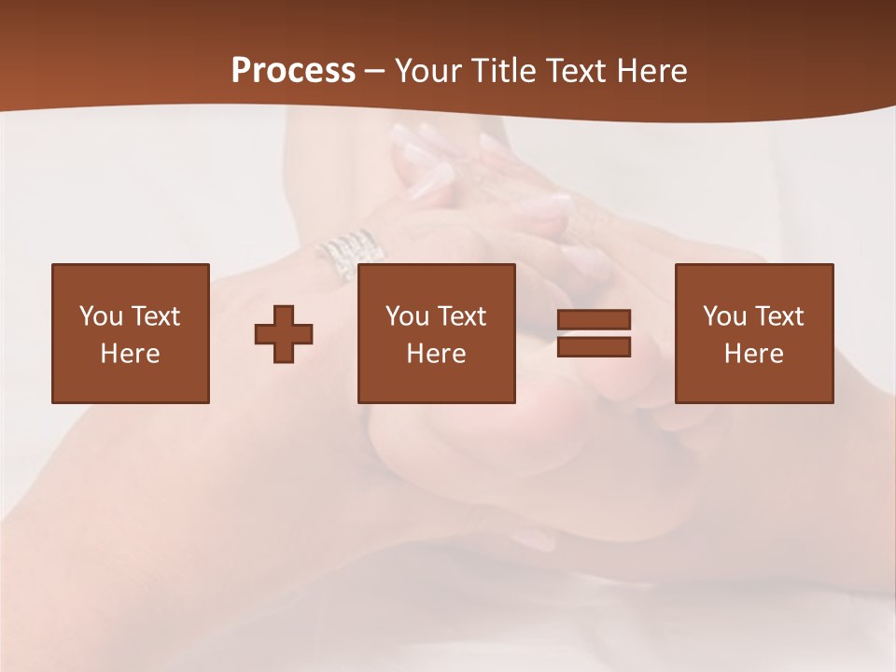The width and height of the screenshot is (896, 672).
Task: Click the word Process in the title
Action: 293,71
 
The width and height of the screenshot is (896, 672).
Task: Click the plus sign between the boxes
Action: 284,334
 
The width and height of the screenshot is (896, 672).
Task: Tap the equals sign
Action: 594,333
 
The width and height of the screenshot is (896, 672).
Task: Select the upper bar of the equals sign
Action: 594,319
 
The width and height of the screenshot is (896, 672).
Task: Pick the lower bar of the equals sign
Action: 594,347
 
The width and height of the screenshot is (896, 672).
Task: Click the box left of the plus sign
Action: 131,333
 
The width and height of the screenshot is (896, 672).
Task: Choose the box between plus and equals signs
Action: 436,333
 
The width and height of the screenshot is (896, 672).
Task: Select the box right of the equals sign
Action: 753,333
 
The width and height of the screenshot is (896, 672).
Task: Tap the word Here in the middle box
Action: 436,354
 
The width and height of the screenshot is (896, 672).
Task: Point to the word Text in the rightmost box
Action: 779,315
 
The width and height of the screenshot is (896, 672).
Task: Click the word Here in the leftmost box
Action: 130,354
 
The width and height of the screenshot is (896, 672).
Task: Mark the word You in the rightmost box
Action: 724,315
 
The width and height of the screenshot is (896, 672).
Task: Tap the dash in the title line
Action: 375,72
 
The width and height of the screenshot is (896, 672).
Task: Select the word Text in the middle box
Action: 462,315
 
